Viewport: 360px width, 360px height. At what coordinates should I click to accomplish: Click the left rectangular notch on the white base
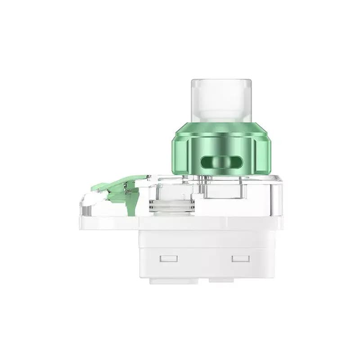(169, 259)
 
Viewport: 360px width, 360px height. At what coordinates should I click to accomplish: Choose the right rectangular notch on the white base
(240, 259)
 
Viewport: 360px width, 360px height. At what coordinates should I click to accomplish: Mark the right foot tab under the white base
(221, 280)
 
